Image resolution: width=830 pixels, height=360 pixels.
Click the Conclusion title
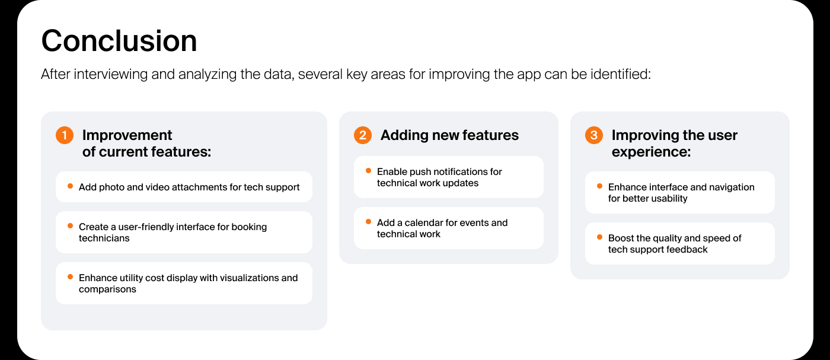click(x=119, y=41)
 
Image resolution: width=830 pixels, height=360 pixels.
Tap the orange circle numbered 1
click(x=65, y=135)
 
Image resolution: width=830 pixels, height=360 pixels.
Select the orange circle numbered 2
click(x=363, y=135)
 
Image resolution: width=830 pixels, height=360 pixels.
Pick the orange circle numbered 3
click(x=594, y=135)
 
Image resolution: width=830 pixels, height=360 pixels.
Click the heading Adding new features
click(x=449, y=135)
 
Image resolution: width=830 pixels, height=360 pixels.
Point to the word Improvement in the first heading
click(x=127, y=135)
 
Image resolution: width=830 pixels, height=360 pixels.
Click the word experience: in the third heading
click(x=651, y=152)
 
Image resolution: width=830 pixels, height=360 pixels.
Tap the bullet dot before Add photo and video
click(x=70, y=186)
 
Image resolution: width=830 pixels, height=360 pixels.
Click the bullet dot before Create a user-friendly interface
click(x=70, y=226)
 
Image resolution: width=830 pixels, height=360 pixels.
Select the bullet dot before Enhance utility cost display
click(x=70, y=277)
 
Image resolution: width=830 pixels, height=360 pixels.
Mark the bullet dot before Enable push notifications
click(x=368, y=171)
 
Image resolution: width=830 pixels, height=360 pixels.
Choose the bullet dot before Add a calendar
click(x=368, y=222)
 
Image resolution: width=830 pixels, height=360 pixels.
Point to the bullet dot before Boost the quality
click(x=599, y=237)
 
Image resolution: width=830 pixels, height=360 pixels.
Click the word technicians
click(x=104, y=238)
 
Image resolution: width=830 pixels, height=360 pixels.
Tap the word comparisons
click(x=107, y=289)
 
